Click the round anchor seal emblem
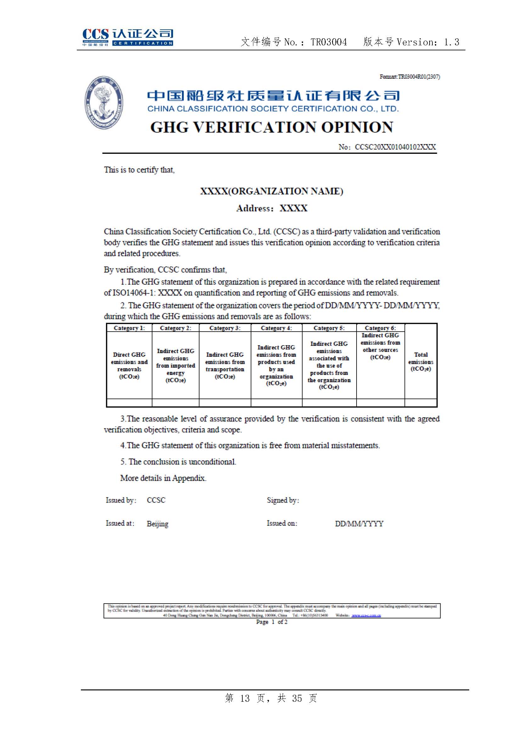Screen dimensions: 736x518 (104, 103)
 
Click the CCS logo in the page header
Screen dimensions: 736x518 (127, 37)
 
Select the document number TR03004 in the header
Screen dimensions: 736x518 (329, 42)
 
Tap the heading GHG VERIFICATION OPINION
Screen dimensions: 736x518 (272, 127)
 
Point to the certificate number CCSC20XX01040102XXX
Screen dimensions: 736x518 (395, 147)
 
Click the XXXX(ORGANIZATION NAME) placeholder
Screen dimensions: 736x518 (272, 191)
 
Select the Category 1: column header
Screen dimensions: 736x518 (129, 328)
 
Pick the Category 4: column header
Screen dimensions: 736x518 (276, 328)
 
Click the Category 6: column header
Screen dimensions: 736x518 (380, 328)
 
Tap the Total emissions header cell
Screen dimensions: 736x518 (420, 362)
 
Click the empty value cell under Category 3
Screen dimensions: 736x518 (225, 403)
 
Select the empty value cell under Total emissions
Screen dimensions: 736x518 (420, 403)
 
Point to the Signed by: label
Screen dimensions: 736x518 (283, 500)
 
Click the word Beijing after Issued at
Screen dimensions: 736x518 (157, 524)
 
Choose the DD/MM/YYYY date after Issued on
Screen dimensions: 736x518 (359, 524)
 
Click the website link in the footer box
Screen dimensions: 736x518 (366, 615)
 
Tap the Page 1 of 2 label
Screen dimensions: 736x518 (272, 622)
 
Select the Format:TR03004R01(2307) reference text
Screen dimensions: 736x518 (410, 77)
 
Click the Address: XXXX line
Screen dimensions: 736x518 (272, 208)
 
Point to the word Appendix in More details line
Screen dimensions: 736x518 (189, 478)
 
